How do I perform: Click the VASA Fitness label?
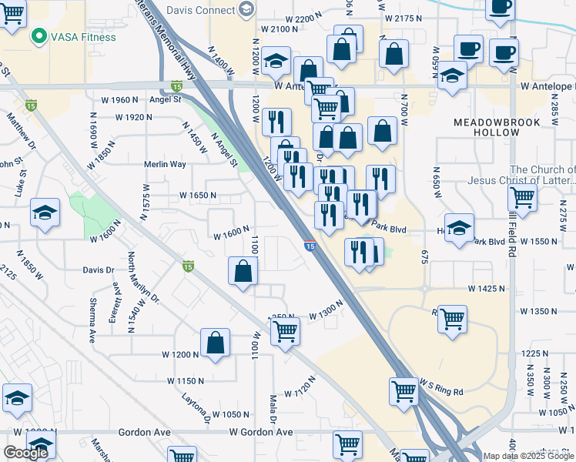click(84, 37)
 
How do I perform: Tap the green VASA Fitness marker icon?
click(38, 36)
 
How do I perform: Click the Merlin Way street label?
click(165, 164)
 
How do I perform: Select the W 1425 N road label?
click(486, 288)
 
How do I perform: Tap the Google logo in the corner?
click(25, 453)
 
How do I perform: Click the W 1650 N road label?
click(198, 196)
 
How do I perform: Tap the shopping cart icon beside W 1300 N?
click(286, 331)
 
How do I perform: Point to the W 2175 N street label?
click(408, 17)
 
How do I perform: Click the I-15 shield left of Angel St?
click(30, 105)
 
